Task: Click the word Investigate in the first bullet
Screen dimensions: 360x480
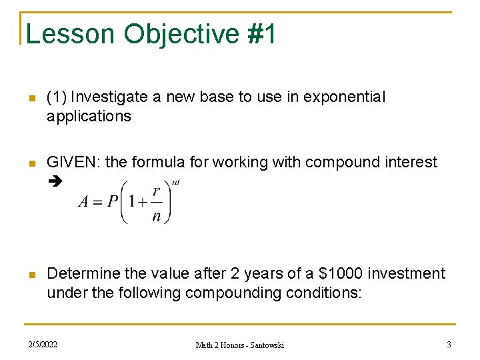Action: [109, 97]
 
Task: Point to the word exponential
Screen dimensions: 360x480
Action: [344, 97]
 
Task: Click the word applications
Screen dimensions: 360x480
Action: [89, 116]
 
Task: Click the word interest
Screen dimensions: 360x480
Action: [409, 162]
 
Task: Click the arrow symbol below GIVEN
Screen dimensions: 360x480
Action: [54, 181]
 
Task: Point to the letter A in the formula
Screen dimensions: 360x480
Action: [84, 202]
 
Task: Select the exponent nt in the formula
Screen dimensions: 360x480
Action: [176, 181]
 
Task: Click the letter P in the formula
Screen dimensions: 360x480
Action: [113, 202]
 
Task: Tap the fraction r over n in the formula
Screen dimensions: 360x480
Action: [156, 203]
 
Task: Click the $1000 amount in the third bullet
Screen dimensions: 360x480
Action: [345, 274]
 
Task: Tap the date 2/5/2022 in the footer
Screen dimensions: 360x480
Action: [42, 345]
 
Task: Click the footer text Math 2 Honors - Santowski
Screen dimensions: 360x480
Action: [239, 345]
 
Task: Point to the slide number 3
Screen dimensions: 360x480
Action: [449, 345]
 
